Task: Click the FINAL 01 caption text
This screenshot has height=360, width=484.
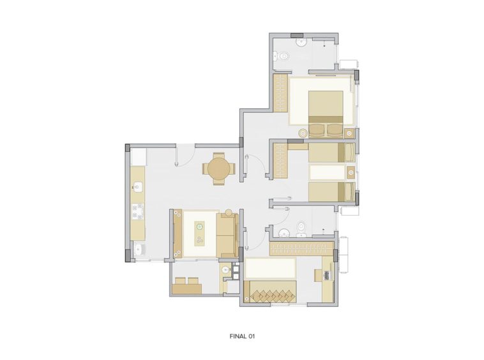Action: tap(242, 336)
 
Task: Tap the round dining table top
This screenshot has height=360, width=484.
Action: tap(219, 169)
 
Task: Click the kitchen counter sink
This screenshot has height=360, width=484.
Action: tap(138, 186)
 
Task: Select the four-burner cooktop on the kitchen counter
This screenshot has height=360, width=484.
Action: tap(138, 211)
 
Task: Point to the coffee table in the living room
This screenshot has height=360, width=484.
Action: tap(200, 234)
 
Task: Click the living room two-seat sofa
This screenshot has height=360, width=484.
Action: tap(227, 236)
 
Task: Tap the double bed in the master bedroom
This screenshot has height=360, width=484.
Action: tap(326, 114)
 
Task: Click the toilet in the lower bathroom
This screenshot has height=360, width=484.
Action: tap(301, 229)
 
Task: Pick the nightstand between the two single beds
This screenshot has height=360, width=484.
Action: tap(351, 172)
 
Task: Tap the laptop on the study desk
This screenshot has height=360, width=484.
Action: tap(326, 274)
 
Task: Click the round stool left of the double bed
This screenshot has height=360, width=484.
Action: tap(303, 133)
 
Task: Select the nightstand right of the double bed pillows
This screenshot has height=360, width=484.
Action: tap(349, 133)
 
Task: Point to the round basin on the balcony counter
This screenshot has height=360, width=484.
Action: tap(226, 270)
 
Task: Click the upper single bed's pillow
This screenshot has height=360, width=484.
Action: tap(349, 152)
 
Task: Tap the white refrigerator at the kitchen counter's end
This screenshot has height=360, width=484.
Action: tap(139, 157)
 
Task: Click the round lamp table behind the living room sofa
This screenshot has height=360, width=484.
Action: tap(228, 213)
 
